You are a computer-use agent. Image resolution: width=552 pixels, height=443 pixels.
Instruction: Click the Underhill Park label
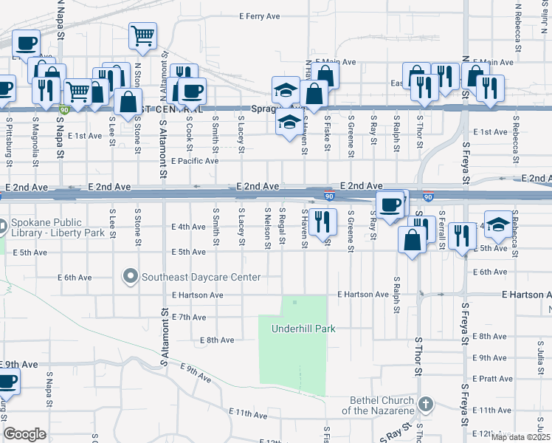pos(303,329)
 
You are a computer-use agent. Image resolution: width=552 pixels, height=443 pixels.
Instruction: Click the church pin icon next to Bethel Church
pos(425,404)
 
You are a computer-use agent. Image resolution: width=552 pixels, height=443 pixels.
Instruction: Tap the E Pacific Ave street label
pos(195,160)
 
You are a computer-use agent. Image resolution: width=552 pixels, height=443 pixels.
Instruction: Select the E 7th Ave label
pos(188,317)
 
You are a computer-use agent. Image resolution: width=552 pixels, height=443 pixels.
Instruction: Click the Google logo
pos(24,434)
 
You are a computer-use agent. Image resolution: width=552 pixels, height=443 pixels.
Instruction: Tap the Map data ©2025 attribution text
pos(520,437)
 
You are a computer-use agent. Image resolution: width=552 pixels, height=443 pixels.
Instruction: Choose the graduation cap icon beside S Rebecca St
pos(498,225)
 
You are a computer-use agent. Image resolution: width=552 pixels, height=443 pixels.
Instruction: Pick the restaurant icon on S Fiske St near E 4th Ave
pos(322,220)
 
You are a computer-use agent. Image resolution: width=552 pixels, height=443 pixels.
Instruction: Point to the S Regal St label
pos(282,227)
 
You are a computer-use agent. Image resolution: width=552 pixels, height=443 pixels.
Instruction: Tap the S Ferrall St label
pos(442,229)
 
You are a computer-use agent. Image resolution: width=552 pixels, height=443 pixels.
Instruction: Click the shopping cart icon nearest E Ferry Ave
pos(142,34)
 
